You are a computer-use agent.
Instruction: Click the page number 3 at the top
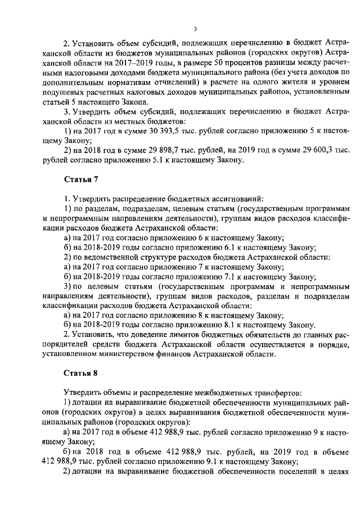pyautogui.click(x=194, y=29)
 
